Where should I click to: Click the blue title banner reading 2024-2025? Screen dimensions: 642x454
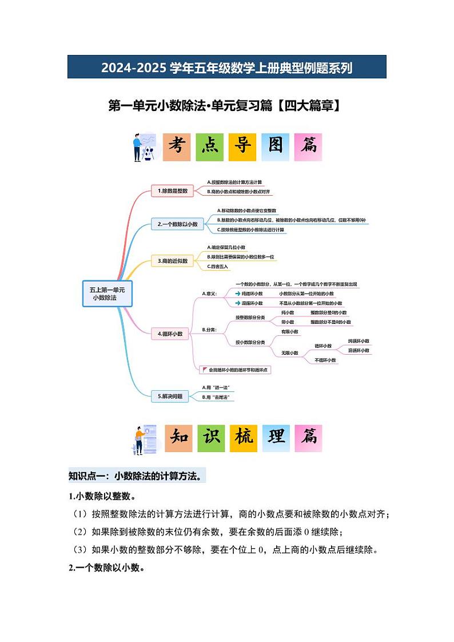[226, 67]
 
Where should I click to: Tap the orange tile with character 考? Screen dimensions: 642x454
[177, 147]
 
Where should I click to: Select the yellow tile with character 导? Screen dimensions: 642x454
[242, 147]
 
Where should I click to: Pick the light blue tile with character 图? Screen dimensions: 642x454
[276, 147]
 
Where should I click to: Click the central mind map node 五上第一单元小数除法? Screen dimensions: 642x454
[107, 294]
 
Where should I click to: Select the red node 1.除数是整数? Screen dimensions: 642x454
[172, 191]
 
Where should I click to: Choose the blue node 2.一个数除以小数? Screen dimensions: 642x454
[177, 225]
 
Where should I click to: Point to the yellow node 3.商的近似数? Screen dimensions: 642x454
[173, 261]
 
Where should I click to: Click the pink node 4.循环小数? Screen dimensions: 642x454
[170, 334]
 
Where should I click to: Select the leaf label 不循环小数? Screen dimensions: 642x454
[325, 360]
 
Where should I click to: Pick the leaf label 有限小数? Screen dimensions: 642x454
[289, 332]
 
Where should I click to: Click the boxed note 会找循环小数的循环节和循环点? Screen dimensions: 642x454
[235, 370]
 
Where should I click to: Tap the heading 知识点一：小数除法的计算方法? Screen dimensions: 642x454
[135, 476]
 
